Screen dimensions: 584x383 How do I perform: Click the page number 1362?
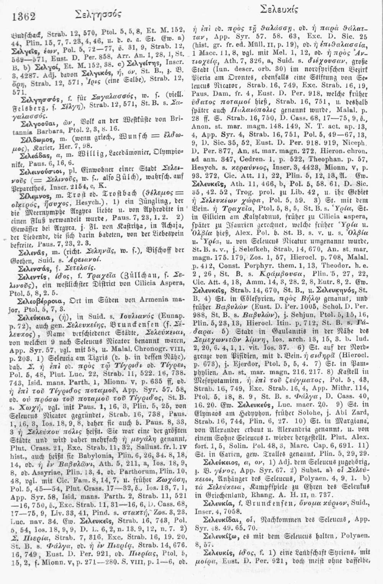coord(24,16)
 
